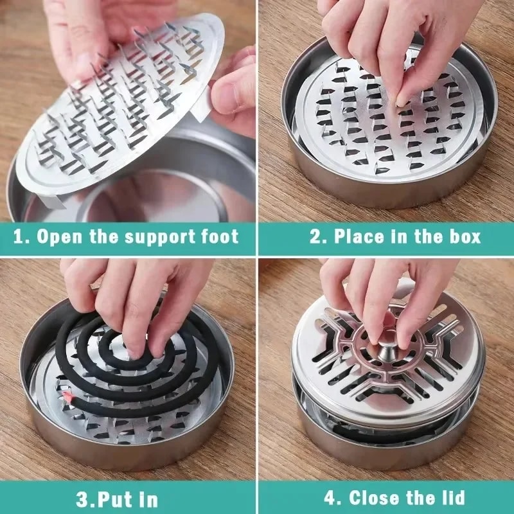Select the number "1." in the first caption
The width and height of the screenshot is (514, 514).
click(22, 236)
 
